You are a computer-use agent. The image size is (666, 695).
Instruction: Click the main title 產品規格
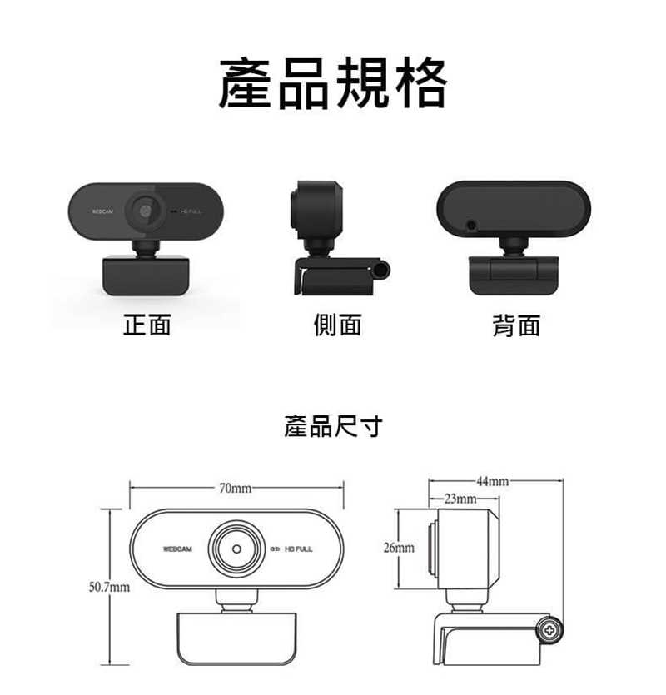[x=333, y=83]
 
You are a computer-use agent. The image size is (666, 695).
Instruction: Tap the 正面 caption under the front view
[x=147, y=325]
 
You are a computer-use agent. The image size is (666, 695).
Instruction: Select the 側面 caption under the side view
[x=337, y=325]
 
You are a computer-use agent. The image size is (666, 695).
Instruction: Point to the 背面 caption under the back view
[x=516, y=325]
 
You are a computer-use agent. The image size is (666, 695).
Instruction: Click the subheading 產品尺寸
[x=333, y=426]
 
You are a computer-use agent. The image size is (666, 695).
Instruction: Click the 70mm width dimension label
[x=236, y=488]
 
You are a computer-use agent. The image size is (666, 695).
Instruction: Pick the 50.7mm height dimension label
[x=110, y=587]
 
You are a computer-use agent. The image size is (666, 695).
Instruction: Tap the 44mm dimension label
[x=493, y=481]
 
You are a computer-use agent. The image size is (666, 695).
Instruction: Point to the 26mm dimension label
[x=399, y=548]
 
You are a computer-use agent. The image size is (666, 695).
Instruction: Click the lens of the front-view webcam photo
[x=145, y=211]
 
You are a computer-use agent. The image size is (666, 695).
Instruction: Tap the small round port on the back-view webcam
[x=471, y=226]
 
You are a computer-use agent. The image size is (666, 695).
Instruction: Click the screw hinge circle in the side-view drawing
[x=549, y=630]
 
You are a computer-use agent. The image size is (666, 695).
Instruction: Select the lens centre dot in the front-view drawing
[x=236, y=549]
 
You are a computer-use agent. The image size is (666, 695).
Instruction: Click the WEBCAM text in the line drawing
[x=177, y=549]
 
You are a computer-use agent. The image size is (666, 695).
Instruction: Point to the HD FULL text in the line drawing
[x=298, y=549]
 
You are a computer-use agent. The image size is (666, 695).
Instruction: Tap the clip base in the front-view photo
[x=146, y=276]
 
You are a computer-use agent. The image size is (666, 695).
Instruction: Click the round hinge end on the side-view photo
[x=382, y=270]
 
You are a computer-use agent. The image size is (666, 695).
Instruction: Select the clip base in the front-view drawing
[x=236, y=638]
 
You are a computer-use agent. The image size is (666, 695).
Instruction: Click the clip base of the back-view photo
[x=514, y=276]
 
